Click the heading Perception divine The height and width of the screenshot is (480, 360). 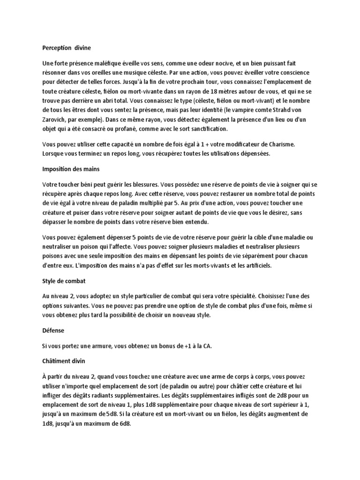click(67, 47)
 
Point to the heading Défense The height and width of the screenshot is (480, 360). click(53, 330)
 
